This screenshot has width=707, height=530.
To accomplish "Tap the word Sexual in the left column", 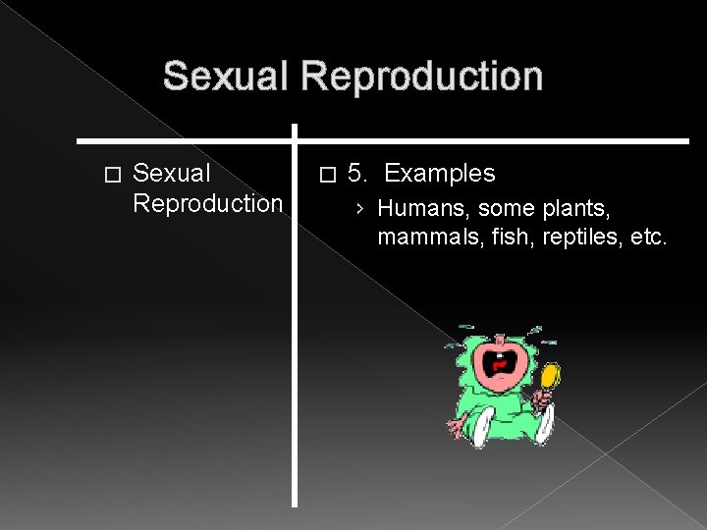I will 172,174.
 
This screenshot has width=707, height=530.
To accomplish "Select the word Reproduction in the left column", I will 207,203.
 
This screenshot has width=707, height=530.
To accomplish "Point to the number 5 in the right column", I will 356,174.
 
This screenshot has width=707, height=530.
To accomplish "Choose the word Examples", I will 439,174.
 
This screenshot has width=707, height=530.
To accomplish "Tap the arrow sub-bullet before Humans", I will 361,209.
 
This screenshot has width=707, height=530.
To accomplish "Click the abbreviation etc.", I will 647,237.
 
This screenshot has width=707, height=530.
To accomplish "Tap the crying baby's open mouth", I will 503,365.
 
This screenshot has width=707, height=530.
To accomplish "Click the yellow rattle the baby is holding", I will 551,374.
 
